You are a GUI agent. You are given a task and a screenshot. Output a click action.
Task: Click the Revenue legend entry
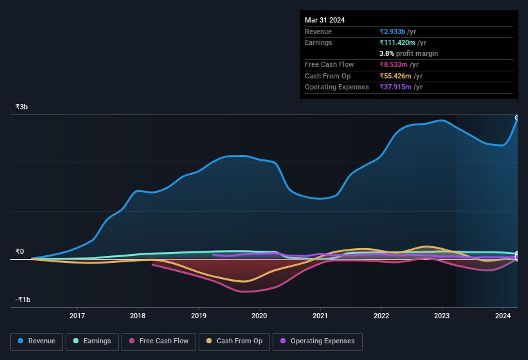click(x=37, y=341)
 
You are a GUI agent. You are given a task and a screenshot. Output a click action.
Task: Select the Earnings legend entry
click(x=92, y=341)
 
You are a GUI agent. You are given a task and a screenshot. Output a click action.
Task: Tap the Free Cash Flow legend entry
click(x=159, y=341)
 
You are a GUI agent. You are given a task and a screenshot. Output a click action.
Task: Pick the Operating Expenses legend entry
click(x=317, y=341)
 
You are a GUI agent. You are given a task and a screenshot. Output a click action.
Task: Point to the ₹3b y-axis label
click(x=22, y=107)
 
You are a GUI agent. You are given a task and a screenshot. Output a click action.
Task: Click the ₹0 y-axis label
click(x=20, y=251)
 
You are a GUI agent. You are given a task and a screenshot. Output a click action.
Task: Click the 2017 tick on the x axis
click(x=77, y=316)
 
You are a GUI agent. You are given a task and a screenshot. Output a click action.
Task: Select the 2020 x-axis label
click(x=259, y=316)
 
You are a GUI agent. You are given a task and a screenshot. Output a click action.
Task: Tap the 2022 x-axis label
click(x=381, y=316)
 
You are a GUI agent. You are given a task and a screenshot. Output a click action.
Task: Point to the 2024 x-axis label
click(x=503, y=316)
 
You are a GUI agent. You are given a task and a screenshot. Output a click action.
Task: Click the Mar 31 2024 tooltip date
click(x=325, y=20)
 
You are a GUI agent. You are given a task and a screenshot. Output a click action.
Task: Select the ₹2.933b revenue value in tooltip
click(x=392, y=32)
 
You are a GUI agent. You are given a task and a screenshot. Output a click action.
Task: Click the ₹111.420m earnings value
click(x=397, y=42)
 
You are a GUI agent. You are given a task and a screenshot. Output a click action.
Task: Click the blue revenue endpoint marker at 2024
click(x=517, y=118)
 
